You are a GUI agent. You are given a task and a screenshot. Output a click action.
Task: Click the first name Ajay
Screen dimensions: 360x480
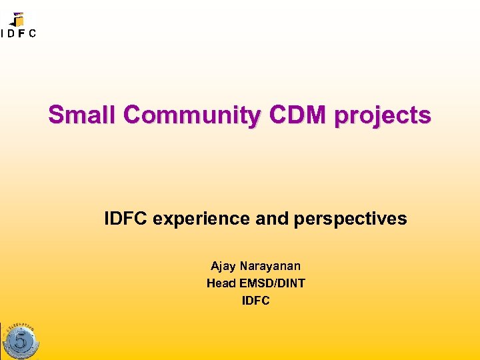(223, 266)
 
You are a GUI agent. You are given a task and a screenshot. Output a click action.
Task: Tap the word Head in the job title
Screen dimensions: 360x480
(221, 283)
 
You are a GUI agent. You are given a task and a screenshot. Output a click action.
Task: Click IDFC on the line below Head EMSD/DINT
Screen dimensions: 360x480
(255, 301)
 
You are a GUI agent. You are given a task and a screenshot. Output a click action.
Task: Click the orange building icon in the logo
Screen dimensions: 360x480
(18, 19)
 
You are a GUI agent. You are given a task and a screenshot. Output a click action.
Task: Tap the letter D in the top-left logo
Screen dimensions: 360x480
(13, 34)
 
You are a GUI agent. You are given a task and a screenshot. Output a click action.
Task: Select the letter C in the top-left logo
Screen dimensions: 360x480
(33, 34)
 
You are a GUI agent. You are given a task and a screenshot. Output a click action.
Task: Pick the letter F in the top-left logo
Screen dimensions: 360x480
(23, 34)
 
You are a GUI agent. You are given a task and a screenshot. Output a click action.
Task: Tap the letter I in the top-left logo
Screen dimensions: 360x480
(3, 34)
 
